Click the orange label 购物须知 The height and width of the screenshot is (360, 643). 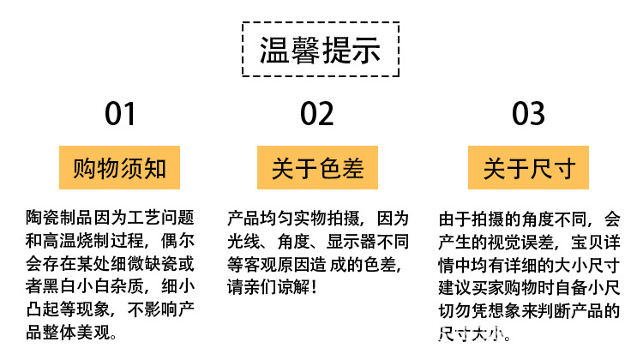click(120, 168)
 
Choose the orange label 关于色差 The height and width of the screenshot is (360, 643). click(318, 168)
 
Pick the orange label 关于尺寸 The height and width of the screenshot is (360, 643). click(528, 168)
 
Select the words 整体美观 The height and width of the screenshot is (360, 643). click(82, 332)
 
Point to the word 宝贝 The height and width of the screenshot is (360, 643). click(586, 242)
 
